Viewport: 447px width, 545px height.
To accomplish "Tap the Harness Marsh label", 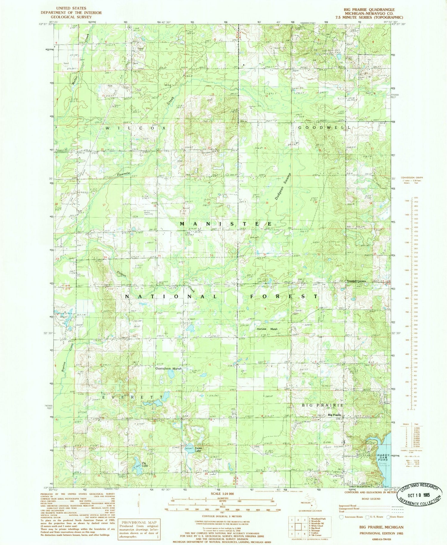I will (x=267, y=329).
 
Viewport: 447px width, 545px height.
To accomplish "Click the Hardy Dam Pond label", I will (x=383, y=457).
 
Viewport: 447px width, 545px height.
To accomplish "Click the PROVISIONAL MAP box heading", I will (x=139, y=522).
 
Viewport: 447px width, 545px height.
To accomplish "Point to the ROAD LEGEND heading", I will (x=371, y=499).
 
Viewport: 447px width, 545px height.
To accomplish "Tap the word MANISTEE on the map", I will (x=226, y=224).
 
